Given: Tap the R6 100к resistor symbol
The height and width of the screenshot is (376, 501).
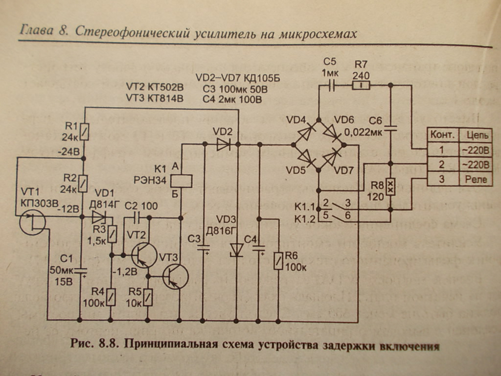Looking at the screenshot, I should (x=278, y=260).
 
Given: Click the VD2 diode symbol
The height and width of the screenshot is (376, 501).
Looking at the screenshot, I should (x=223, y=144).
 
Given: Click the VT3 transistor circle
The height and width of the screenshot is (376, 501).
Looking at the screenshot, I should (x=175, y=277).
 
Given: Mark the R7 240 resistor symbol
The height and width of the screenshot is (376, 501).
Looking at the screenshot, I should (x=362, y=86).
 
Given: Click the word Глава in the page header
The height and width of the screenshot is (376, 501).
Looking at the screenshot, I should (x=36, y=31).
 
